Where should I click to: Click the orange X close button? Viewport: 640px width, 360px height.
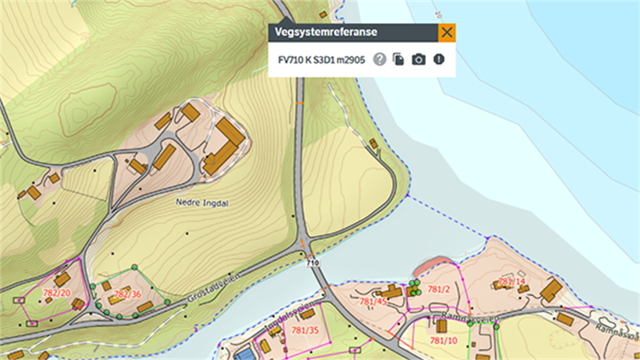[x=446, y=33]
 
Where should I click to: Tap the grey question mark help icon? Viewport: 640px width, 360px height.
[x=380, y=59]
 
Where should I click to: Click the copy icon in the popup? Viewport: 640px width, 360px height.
[x=398, y=59]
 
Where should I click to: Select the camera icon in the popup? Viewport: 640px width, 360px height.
[x=418, y=59]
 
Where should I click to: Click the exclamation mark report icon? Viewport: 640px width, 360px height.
[x=438, y=59]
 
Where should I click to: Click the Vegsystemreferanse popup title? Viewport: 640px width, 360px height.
[x=326, y=33]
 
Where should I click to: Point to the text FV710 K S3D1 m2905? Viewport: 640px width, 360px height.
[x=321, y=59]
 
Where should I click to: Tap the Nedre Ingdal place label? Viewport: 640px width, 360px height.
[x=202, y=202]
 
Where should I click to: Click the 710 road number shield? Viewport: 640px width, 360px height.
[x=312, y=262]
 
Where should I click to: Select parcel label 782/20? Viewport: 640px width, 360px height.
[x=57, y=294]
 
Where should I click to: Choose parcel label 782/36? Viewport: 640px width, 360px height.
[x=127, y=294]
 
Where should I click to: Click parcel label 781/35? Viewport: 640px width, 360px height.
[x=304, y=330]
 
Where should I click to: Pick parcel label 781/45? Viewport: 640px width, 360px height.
[x=374, y=302]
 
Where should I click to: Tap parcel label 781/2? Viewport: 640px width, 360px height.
[x=438, y=288]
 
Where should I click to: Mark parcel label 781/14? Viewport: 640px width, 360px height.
[x=511, y=282]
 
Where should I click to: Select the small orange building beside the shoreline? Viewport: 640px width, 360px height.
[x=374, y=143]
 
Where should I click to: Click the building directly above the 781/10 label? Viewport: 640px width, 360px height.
[x=441, y=326]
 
